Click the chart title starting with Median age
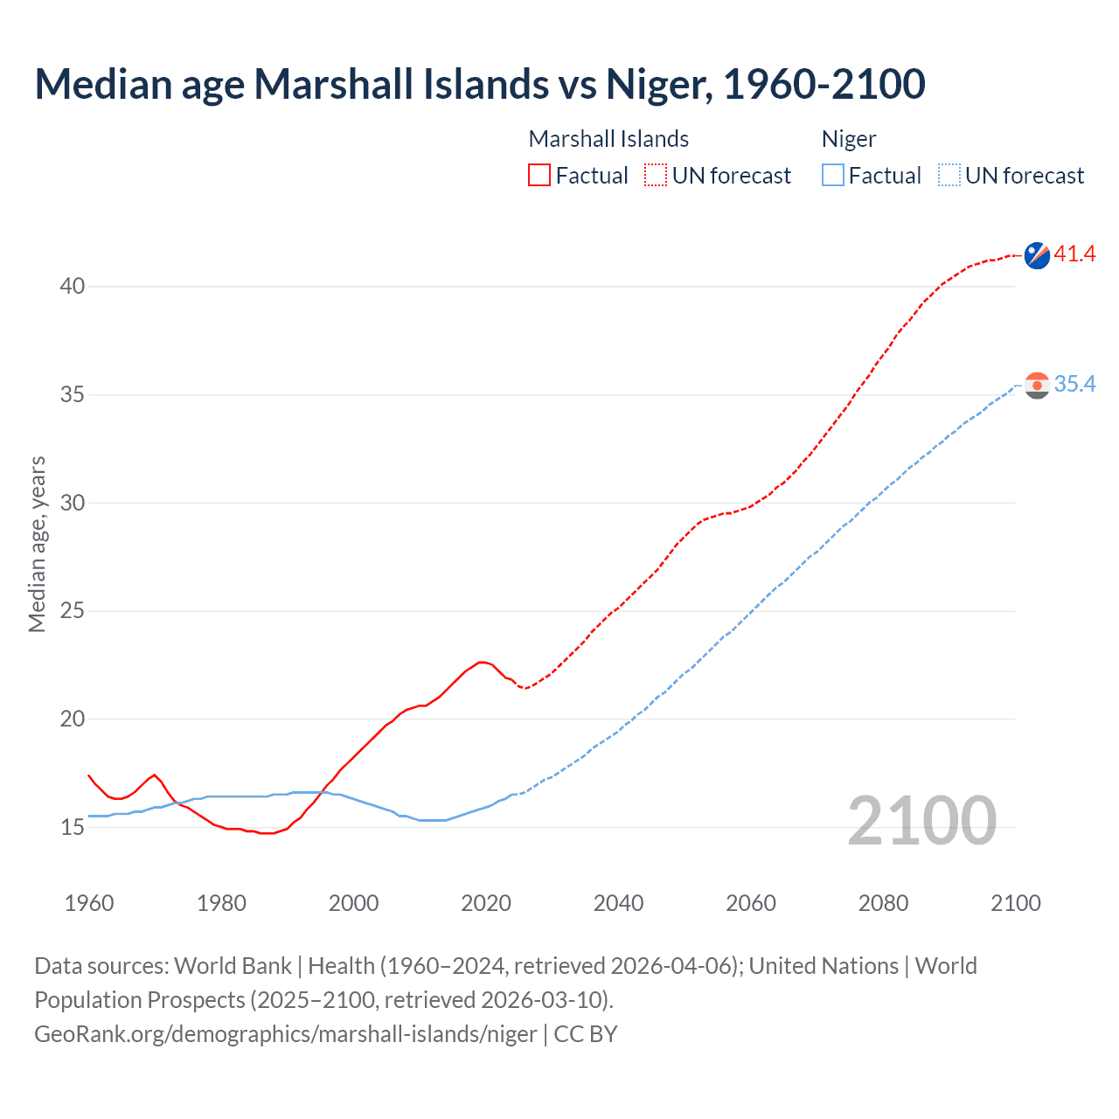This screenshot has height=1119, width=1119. point(479,85)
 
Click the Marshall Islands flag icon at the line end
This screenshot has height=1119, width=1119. point(1037,255)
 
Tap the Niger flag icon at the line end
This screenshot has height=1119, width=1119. point(1037,386)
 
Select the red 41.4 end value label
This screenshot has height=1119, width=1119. point(1074,254)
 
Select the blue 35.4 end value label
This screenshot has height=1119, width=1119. point(1074,385)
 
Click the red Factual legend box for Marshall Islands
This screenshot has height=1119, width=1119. point(539,176)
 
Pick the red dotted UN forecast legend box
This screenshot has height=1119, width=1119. point(656,176)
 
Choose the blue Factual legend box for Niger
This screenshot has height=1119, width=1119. point(833,176)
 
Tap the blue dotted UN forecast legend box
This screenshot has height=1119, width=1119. point(949,176)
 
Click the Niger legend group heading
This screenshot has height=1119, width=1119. point(848,139)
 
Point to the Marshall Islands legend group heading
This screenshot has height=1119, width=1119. point(608,139)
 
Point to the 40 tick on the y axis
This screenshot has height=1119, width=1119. point(73,287)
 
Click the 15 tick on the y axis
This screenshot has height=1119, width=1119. point(73,827)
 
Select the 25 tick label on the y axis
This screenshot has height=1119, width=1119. point(73,611)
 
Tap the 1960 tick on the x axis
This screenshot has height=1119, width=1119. point(89,903)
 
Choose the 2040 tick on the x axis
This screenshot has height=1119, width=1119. point(618,903)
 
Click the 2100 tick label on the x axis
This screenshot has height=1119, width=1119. point(1015,903)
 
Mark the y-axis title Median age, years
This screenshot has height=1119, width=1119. point(37,544)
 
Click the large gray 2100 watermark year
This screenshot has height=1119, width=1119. point(921,821)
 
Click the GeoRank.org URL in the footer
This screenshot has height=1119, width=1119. point(285,1034)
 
